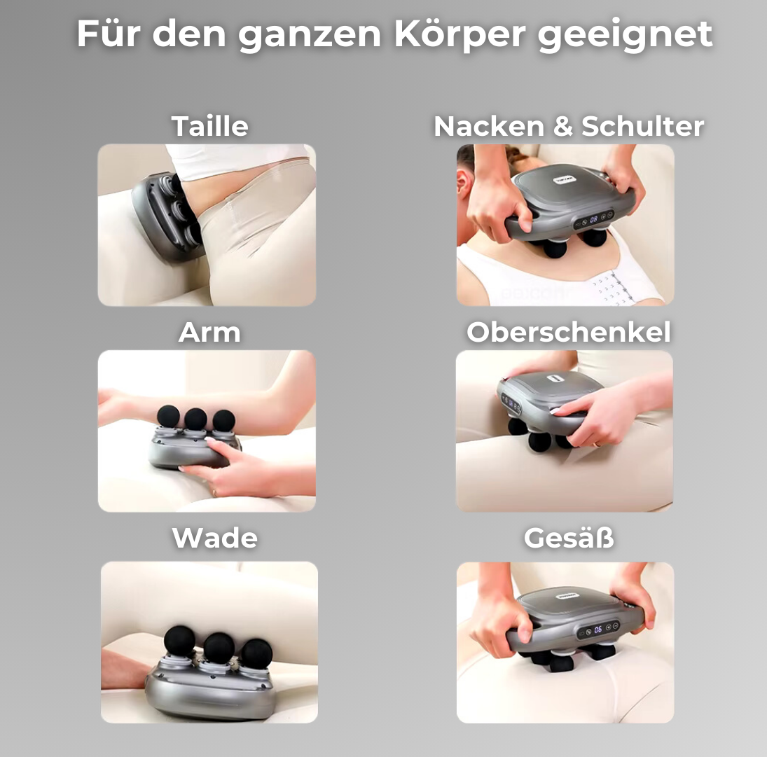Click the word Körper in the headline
pos(459,34)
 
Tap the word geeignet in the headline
pos(625,35)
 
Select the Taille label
pos(210,126)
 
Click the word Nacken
pos(489,126)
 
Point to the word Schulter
pos(642,126)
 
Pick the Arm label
pos(209,333)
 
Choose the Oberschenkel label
pos(568,333)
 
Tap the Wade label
pos(214,538)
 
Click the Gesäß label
pos(568,538)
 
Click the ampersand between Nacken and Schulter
pos(562,126)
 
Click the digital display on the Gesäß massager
pos(597,630)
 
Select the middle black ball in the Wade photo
pos(219,647)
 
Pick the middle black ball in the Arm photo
pos(195,419)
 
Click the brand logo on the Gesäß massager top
pos(567,596)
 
